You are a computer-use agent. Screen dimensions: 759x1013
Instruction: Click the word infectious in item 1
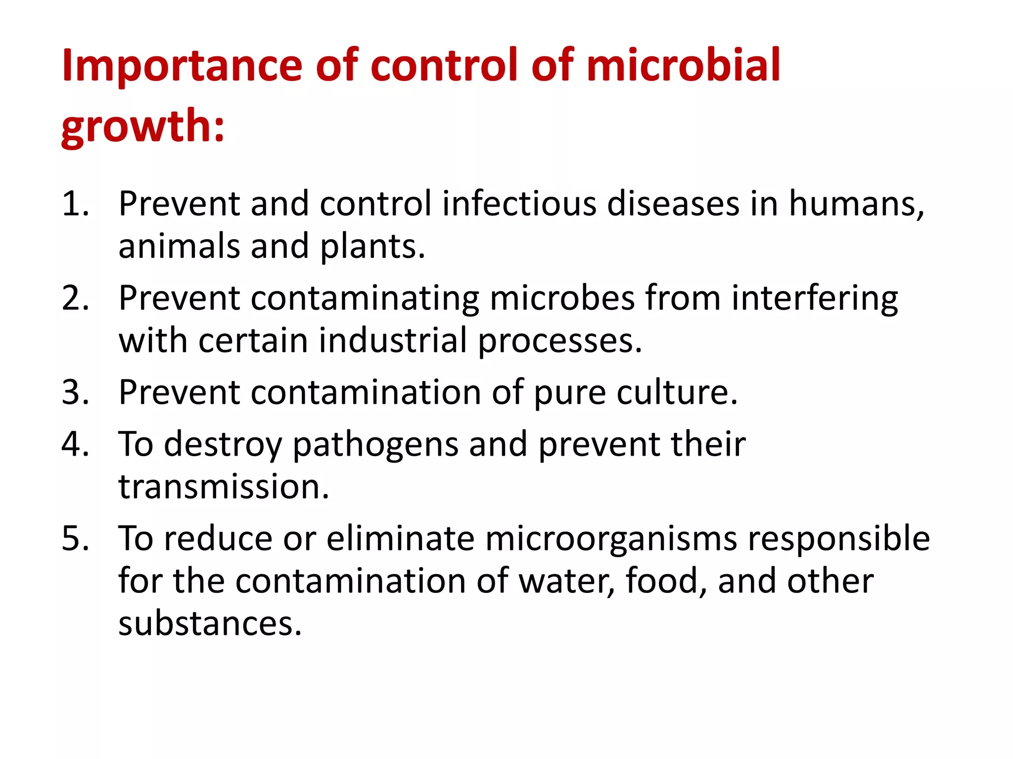pos(519,204)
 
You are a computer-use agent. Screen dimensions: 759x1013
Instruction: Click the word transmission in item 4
pos(223,487)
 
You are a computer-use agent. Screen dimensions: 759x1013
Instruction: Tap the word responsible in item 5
pos(838,538)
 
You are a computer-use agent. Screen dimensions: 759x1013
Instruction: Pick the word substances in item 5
pos(209,624)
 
